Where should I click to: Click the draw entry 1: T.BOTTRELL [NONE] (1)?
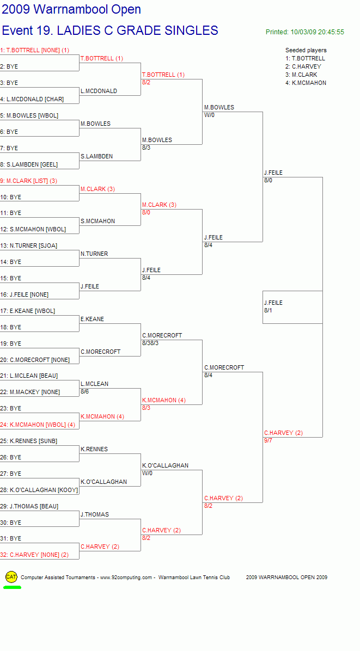[35, 50]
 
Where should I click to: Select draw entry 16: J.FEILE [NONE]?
[24, 294]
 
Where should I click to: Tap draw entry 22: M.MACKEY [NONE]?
[30, 392]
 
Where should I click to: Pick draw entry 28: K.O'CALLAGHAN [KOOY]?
[39, 490]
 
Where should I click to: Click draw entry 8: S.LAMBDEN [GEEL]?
[29, 164]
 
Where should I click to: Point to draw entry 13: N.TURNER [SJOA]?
[29, 246]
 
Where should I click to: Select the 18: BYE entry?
[11, 327]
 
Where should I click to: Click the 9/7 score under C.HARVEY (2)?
[269, 440]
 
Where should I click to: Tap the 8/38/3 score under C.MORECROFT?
[150, 343]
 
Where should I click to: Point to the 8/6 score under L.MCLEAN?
[85, 391]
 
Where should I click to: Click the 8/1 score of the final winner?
[269, 310]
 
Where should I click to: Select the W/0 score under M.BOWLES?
[209, 115]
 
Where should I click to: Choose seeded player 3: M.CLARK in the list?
[301, 75]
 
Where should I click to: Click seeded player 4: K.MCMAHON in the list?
[306, 83]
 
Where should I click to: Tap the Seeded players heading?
[306, 50]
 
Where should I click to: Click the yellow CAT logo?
[11, 576]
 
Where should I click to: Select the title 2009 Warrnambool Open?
[71, 9]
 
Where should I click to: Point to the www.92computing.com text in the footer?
[126, 577]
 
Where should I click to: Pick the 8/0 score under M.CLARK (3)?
[146, 213]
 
